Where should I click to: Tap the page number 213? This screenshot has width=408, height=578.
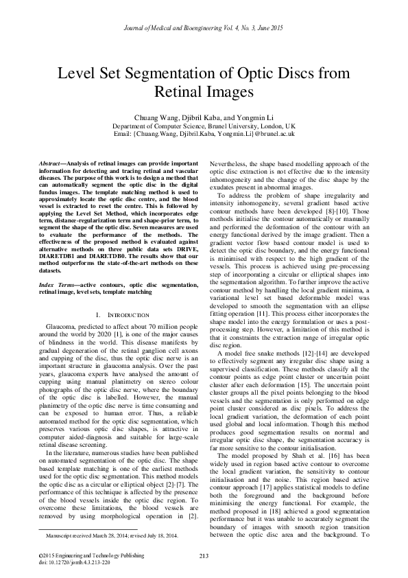pyautogui.click(x=204, y=555)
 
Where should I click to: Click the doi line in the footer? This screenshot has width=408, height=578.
pyautogui.click(x=73, y=561)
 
